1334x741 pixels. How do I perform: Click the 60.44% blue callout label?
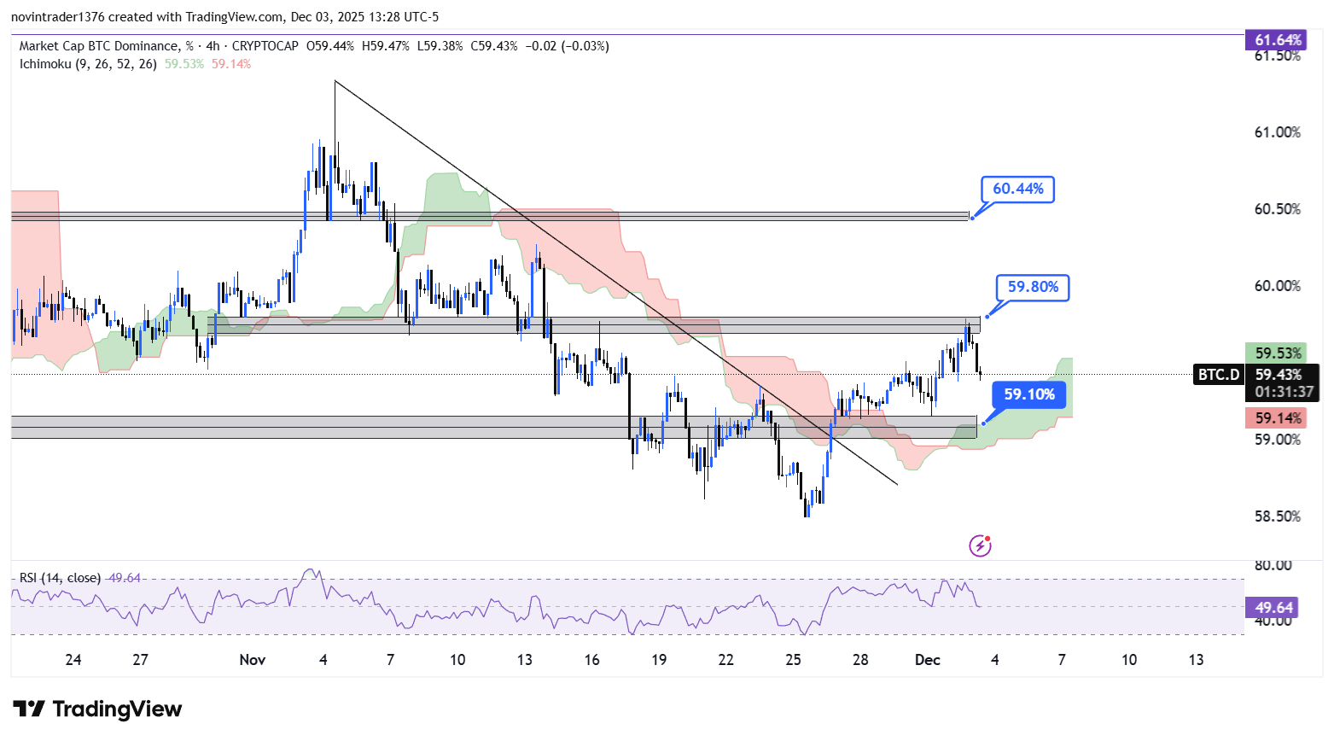(x=1017, y=189)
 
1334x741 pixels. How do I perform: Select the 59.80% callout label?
(x=1033, y=287)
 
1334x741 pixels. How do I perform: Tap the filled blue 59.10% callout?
(x=1028, y=394)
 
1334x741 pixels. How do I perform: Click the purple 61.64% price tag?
(x=1278, y=40)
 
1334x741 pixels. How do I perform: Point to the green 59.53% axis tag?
(x=1277, y=353)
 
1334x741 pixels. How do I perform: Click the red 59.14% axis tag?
(x=1277, y=418)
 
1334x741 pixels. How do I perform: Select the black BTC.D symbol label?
(x=1218, y=375)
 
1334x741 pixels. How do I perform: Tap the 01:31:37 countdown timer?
(x=1284, y=392)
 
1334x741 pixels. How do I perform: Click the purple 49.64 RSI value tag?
(x=1273, y=608)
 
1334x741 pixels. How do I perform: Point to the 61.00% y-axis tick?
(x=1277, y=132)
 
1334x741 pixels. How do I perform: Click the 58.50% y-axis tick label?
(x=1277, y=516)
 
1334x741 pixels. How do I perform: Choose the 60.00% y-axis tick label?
(x=1277, y=286)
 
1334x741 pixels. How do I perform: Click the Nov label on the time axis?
(x=253, y=660)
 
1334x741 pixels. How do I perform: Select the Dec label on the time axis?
(x=927, y=660)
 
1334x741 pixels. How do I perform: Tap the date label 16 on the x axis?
(x=591, y=660)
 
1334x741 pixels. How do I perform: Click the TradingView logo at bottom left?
(x=97, y=709)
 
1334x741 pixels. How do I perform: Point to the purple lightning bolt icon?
(x=980, y=546)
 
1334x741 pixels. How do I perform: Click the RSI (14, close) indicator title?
(x=59, y=578)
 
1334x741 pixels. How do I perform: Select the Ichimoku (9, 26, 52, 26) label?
(x=88, y=64)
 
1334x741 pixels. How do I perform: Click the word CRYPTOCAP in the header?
(x=265, y=46)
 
